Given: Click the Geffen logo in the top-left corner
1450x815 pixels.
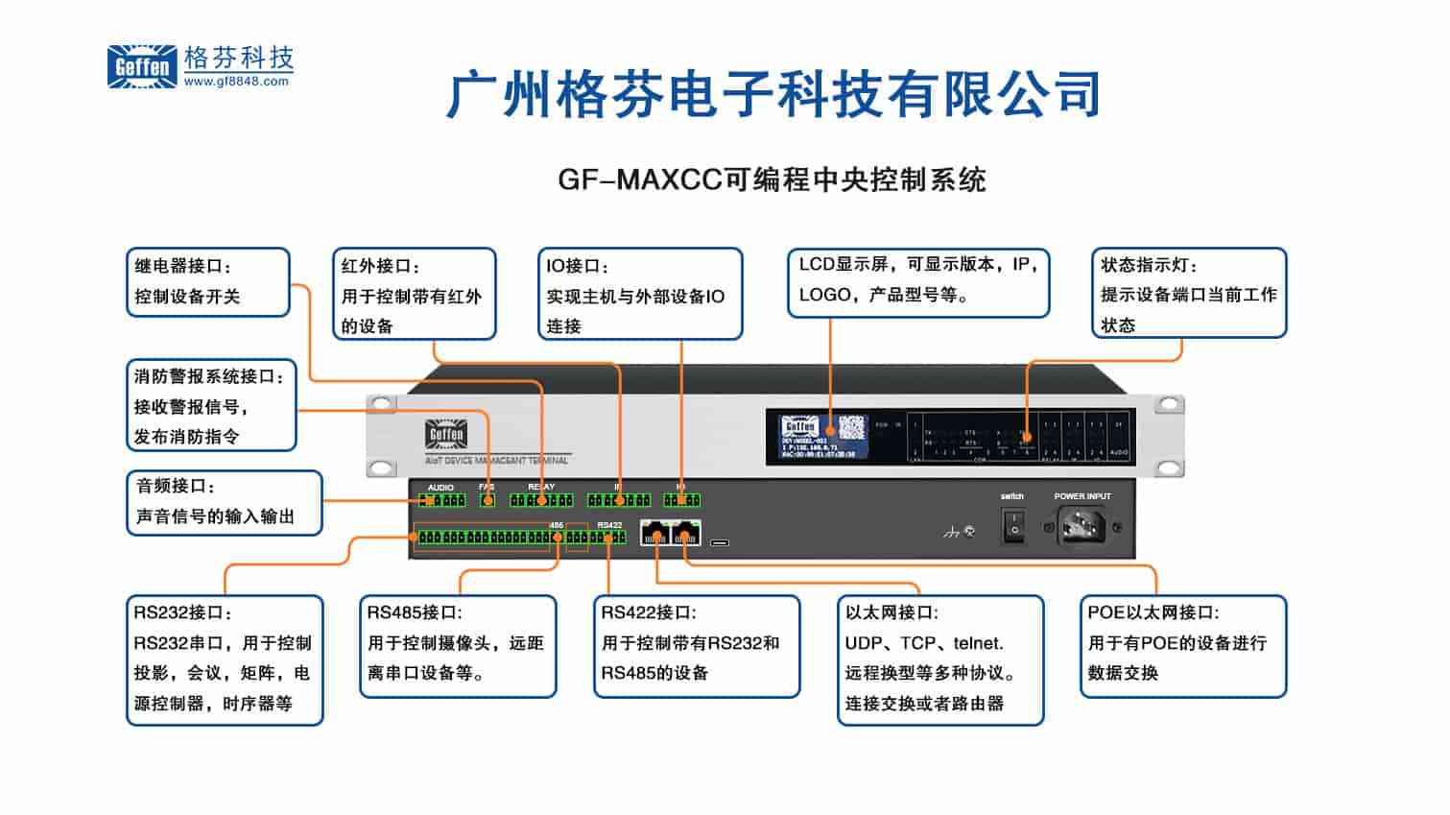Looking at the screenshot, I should [x=142, y=66].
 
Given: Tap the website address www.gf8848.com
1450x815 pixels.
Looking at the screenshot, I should [x=236, y=83].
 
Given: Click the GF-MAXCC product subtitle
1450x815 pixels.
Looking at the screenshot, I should [x=772, y=180].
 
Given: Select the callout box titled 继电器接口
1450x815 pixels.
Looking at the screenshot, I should [x=207, y=282].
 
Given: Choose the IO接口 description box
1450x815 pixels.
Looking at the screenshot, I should [x=639, y=295].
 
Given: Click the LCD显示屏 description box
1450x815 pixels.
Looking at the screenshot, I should [x=917, y=282].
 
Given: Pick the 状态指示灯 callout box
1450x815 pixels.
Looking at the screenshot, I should [x=1188, y=294].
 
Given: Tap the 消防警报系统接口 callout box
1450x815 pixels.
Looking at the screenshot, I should [x=211, y=405].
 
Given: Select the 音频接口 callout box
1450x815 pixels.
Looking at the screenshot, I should [x=224, y=502].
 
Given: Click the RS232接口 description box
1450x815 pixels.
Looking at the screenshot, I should [x=225, y=659].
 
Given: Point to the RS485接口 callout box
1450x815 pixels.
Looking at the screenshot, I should [x=458, y=645].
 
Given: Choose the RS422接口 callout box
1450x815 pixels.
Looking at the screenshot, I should [x=696, y=645].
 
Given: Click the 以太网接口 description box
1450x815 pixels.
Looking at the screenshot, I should [x=939, y=659].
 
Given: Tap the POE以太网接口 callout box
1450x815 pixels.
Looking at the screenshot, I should [x=1182, y=645].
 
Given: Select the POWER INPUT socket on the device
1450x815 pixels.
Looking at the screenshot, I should [x=1082, y=526].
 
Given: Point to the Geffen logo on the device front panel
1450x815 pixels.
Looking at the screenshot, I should [x=445, y=434].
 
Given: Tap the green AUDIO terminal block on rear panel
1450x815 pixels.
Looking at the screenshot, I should [x=441, y=500].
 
